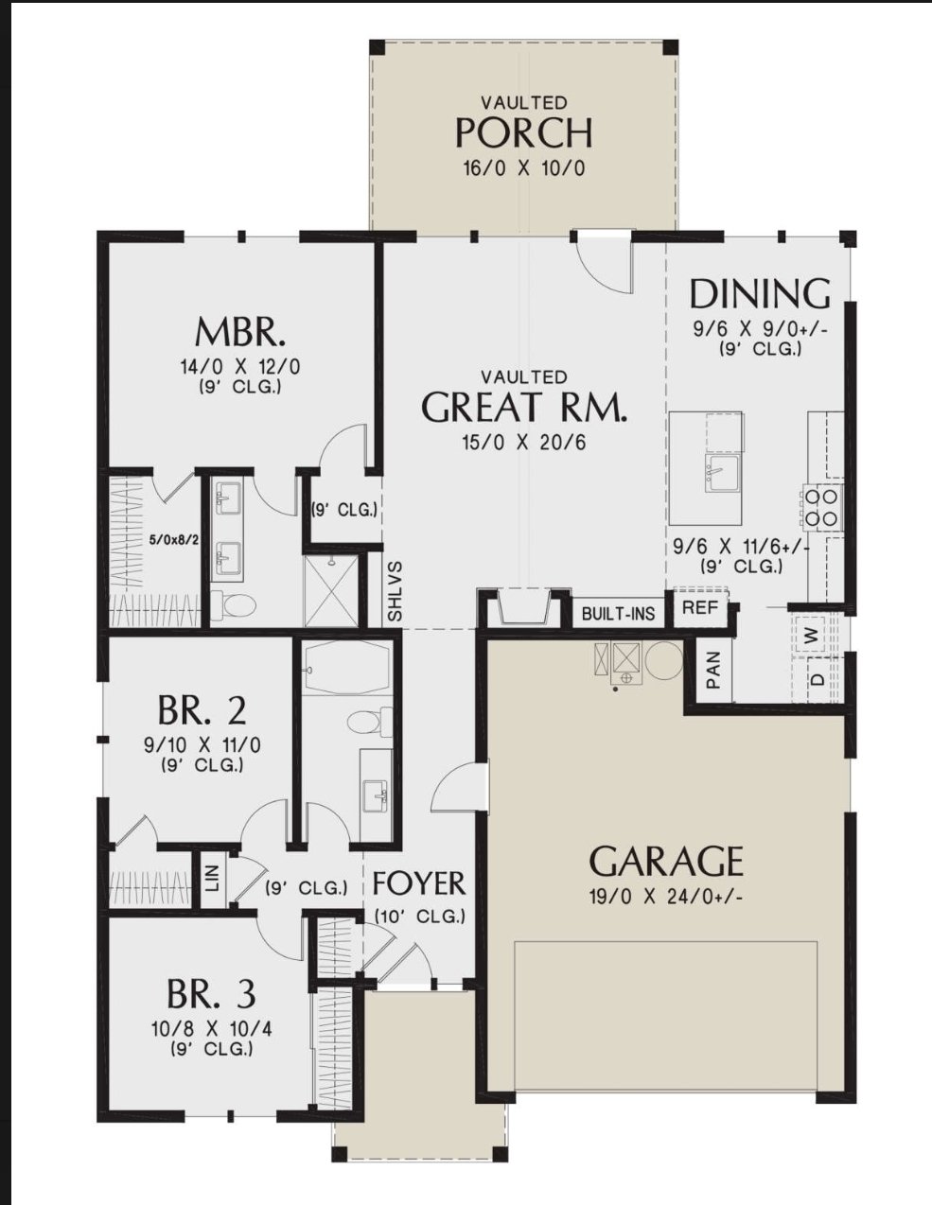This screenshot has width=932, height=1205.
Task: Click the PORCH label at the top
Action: [523, 132]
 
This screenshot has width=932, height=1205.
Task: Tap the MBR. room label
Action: [240, 332]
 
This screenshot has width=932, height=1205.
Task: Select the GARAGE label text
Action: [665, 862]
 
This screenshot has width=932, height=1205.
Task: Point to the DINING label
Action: [760, 293]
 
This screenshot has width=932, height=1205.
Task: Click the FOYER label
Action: [419, 883]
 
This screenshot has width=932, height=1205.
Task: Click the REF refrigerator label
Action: [700, 607]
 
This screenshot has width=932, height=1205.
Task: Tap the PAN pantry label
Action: [713, 670]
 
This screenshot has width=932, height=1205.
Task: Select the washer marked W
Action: [814, 636]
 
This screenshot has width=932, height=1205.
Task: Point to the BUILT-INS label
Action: [618, 614]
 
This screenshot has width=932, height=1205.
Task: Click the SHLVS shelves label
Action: [395, 592]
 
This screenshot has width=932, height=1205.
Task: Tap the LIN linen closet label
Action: [213, 879]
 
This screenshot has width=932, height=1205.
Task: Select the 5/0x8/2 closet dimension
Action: [174, 539]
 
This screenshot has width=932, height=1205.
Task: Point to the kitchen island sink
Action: [722, 473]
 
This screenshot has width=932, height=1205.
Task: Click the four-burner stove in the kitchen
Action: [821, 506]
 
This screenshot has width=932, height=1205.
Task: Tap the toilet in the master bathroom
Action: [233, 603]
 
